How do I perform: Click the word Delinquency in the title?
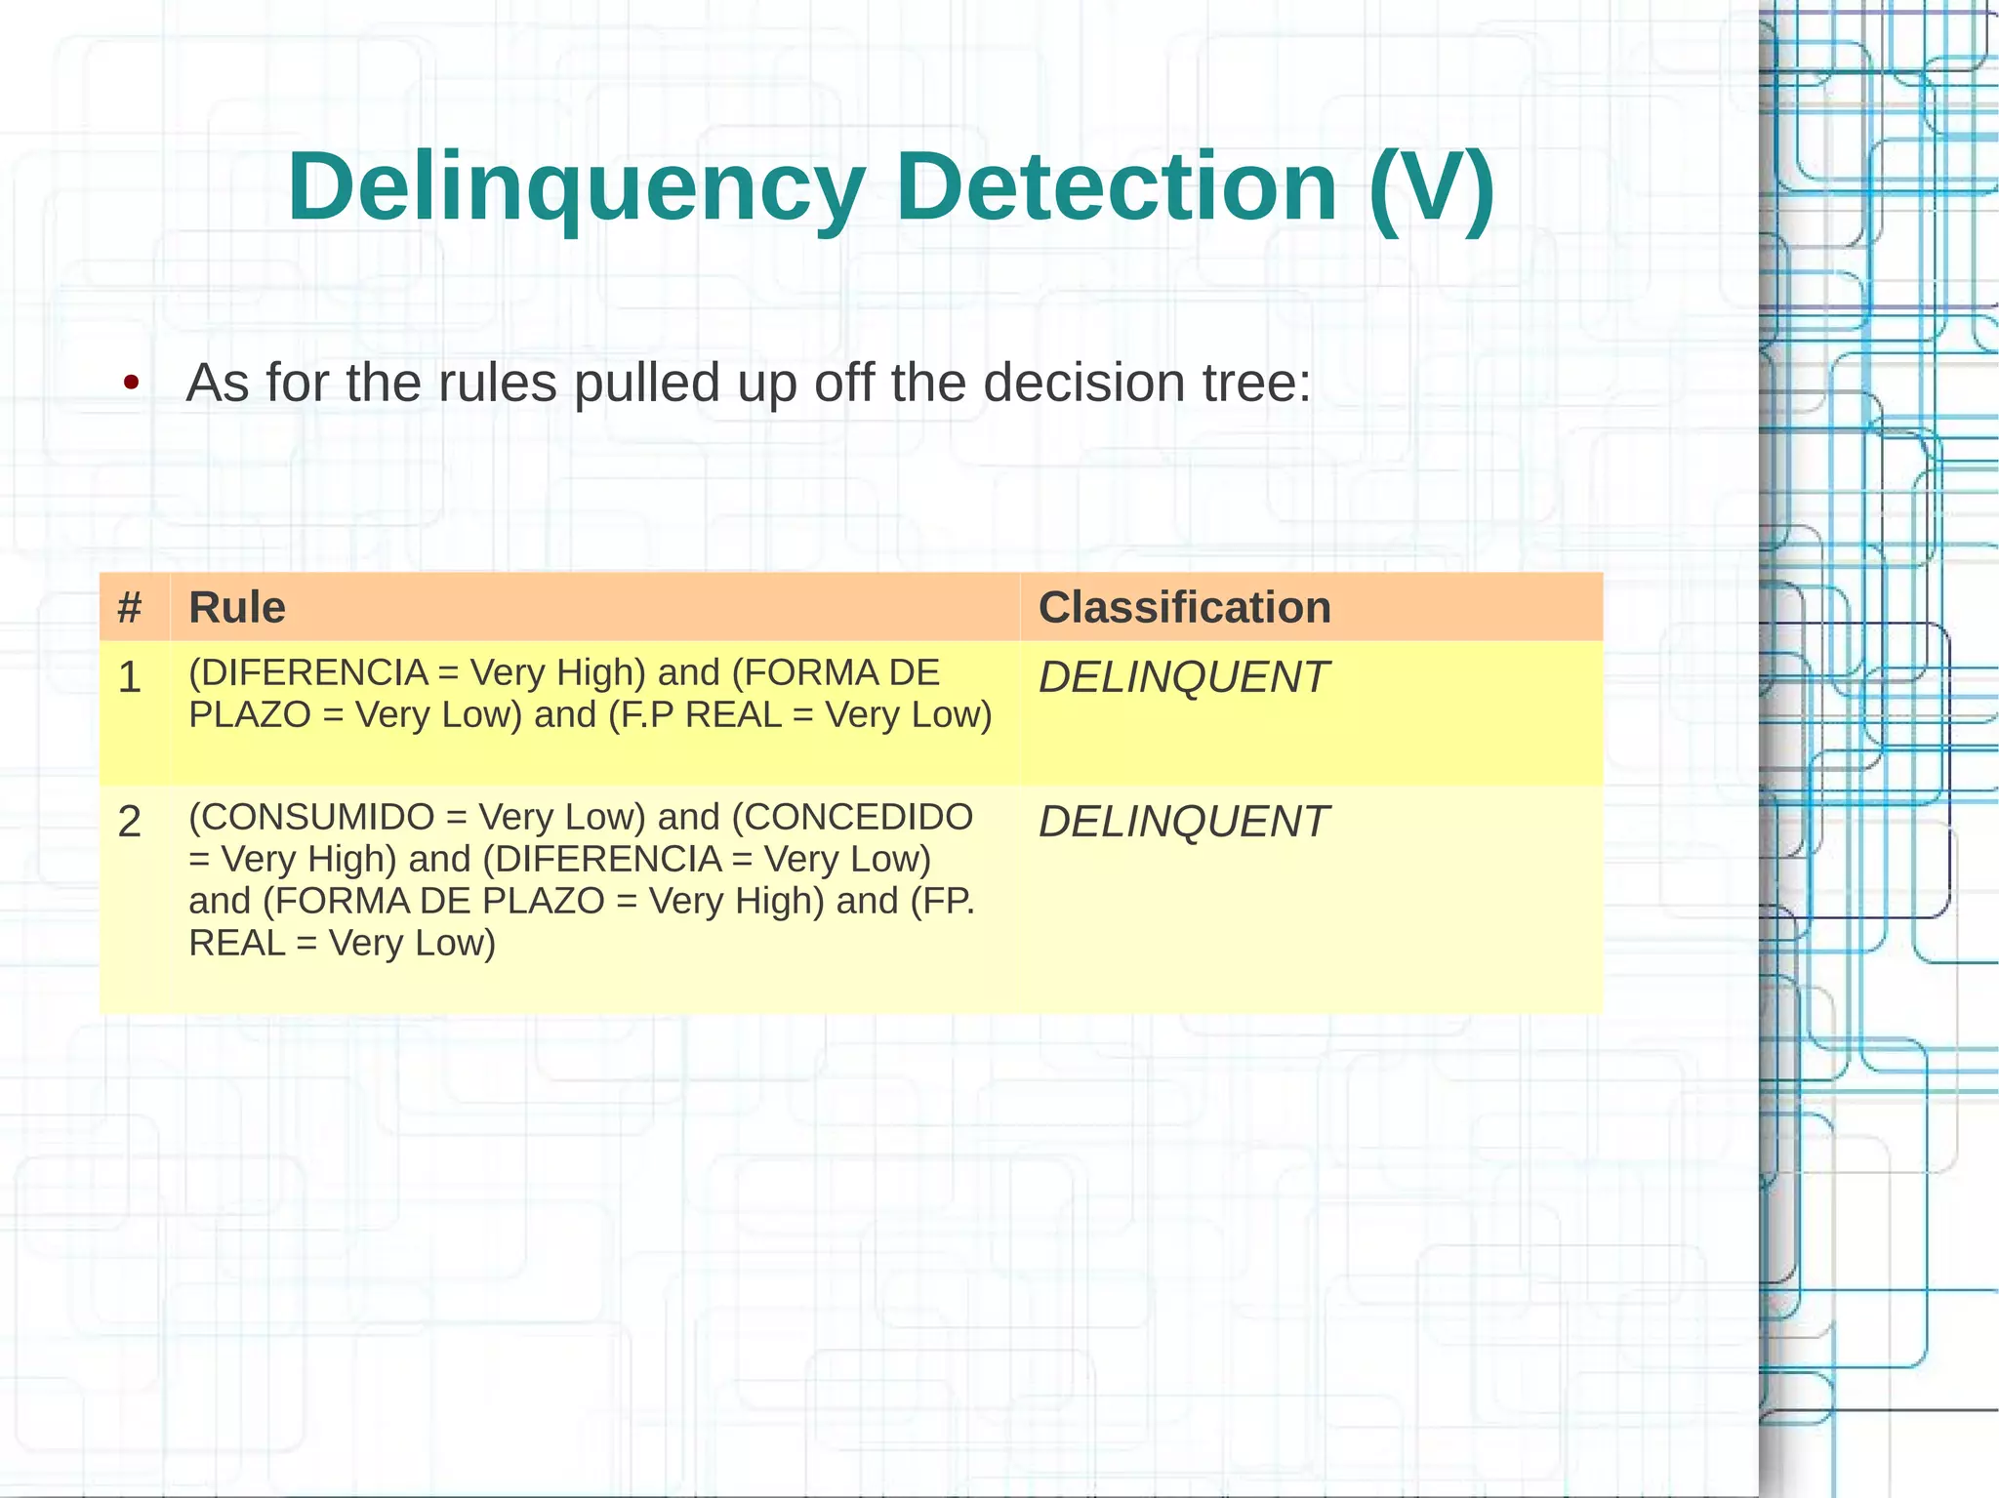[x=576, y=187]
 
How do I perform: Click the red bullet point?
[x=131, y=383]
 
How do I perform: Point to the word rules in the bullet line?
[x=497, y=383]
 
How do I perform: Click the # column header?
[x=130, y=607]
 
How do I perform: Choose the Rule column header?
[x=237, y=607]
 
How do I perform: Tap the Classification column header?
[x=1184, y=607]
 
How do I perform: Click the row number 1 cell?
[x=130, y=677]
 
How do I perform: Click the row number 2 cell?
[x=130, y=822]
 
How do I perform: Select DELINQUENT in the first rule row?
[x=1183, y=677]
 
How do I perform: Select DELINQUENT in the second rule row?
[x=1183, y=822]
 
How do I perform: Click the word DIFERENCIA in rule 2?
[x=608, y=859]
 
